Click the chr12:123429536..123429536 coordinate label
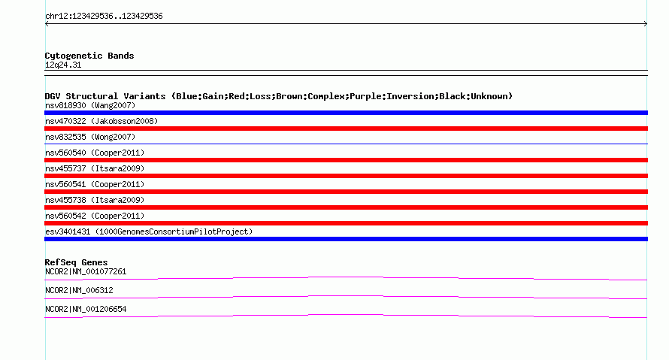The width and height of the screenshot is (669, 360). click(x=104, y=17)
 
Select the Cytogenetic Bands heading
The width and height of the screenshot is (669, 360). click(x=89, y=56)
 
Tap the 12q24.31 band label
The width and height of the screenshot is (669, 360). click(x=63, y=65)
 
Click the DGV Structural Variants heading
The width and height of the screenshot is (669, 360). click(x=279, y=96)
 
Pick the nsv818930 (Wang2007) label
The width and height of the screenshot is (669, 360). click(x=90, y=105)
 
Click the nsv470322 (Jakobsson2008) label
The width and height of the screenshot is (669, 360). click(x=101, y=121)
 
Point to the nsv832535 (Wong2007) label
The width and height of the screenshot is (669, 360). click(x=90, y=137)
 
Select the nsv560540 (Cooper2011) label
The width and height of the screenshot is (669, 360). click(x=95, y=153)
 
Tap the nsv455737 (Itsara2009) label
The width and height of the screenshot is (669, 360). click(x=95, y=168)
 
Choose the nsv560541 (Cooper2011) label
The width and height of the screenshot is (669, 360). click(x=95, y=184)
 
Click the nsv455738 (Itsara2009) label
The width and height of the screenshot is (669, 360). click(x=95, y=200)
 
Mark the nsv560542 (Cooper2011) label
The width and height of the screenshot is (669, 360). click(x=95, y=216)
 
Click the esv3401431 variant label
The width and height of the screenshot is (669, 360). click(x=149, y=231)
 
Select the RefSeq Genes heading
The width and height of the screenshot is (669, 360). click(x=76, y=262)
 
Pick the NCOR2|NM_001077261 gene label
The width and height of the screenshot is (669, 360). click(x=86, y=272)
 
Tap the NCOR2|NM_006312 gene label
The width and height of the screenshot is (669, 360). click(x=79, y=290)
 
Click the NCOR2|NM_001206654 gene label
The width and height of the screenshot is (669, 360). click(x=86, y=309)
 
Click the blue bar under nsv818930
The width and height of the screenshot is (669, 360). click(x=346, y=113)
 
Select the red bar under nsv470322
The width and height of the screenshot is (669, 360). click(x=346, y=129)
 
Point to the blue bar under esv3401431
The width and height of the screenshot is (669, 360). click(x=346, y=239)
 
